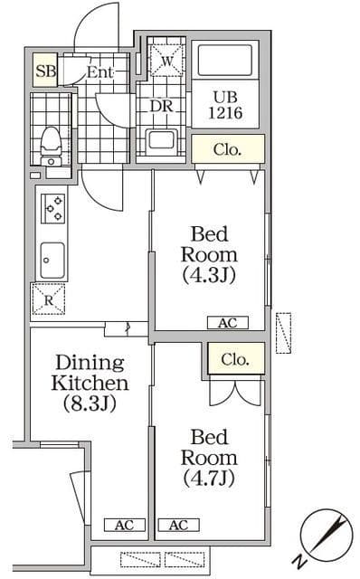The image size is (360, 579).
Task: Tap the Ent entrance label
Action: tap(101, 71)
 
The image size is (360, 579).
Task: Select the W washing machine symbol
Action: tap(166, 62)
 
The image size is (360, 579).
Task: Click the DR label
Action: tap(162, 106)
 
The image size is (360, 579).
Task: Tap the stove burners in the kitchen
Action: tap(52, 210)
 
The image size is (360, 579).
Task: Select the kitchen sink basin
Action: tap(52, 261)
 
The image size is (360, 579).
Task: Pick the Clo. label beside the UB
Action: tap(227, 149)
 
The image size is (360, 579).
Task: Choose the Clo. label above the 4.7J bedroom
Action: tap(237, 359)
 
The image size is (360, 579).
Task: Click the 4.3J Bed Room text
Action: tap(209, 254)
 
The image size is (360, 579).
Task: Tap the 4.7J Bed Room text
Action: tap(209, 457)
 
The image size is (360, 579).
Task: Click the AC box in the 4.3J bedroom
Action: tap(227, 322)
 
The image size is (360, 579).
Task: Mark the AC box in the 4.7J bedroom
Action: tap(177, 525)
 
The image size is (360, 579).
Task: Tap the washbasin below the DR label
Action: tap(164, 140)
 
